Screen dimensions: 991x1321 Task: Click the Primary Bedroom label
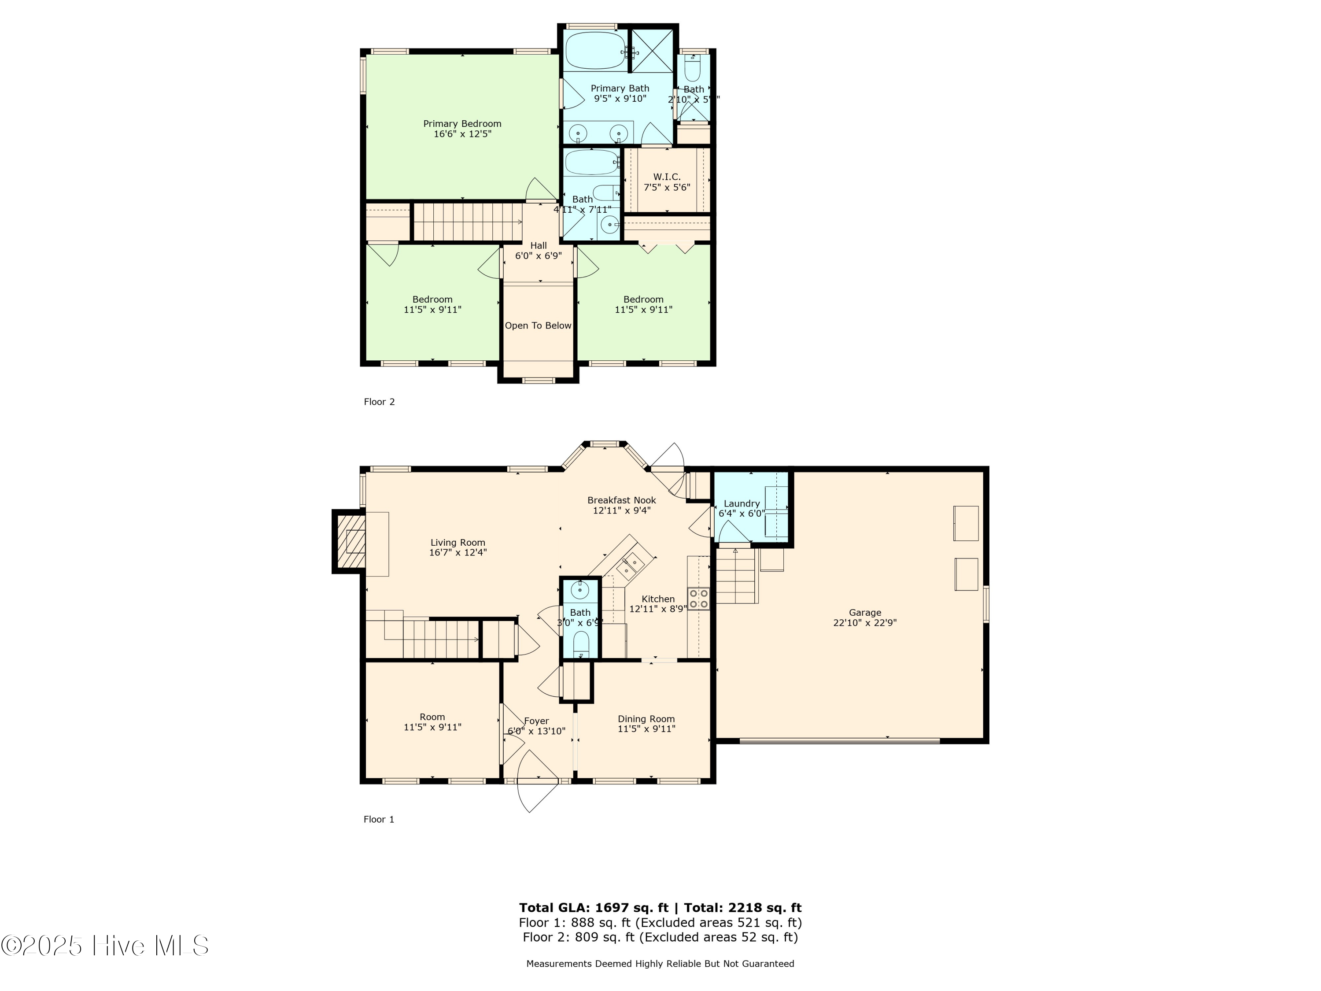tap(462, 124)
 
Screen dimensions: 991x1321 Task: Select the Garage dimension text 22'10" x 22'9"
tap(865, 622)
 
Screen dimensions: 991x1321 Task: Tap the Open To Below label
tap(538, 325)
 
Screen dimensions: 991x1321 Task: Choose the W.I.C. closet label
tap(667, 177)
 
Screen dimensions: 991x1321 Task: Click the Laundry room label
tap(741, 503)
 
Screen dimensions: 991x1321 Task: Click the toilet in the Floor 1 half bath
tap(580, 644)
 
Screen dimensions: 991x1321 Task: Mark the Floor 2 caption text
tap(379, 401)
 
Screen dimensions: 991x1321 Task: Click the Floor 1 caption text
tap(379, 819)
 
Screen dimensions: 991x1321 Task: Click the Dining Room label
tap(646, 719)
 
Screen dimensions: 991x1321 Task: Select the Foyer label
tap(536, 721)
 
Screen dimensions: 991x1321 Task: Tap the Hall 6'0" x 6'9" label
tap(538, 250)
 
